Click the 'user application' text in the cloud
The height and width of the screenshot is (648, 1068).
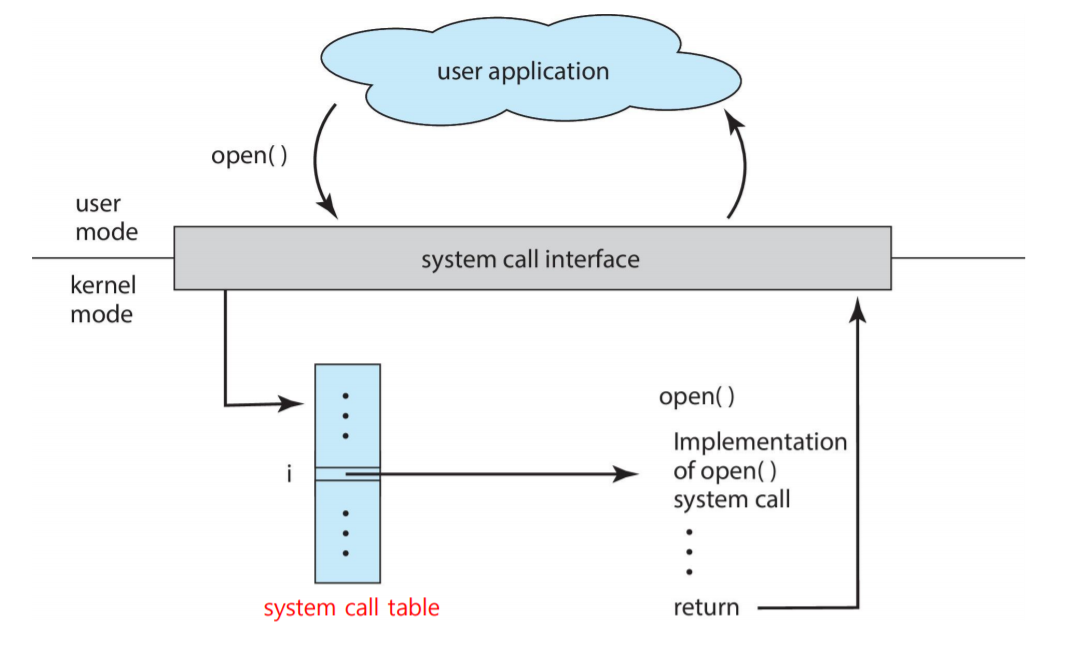click(x=522, y=72)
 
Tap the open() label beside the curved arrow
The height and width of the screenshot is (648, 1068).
click(x=249, y=157)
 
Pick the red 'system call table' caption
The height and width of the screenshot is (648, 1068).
click(x=351, y=608)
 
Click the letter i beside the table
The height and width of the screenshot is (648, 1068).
click(x=288, y=475)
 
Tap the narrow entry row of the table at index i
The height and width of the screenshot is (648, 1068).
click(x=347, y=474)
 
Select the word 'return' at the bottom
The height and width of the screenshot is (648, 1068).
click(x=706, y=607)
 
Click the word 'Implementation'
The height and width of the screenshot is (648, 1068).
click(x=759, y=442)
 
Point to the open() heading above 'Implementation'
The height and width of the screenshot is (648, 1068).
click(x=696, y=397)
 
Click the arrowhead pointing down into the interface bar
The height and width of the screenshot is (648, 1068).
click(x=329, y=209)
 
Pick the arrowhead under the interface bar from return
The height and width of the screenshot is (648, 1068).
click(x=858, y=306)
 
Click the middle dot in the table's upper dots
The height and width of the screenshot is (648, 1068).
click(x=346, y=416)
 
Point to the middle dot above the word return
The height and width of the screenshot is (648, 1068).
click(x=689, y=552)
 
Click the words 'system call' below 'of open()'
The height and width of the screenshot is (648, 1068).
click(x=731, y=499)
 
